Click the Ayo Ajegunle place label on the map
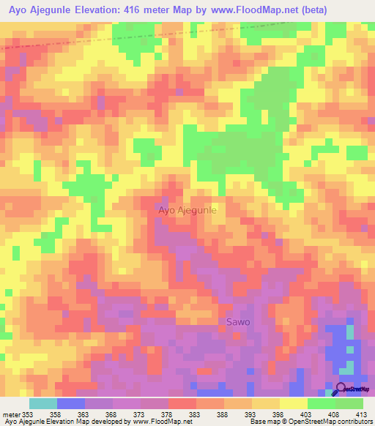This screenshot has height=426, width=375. (187, 210)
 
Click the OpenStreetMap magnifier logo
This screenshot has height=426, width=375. (341, 389)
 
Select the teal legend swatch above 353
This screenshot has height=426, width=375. (42, 403)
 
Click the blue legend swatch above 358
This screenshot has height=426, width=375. (70, 403)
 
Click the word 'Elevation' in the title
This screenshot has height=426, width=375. (92, 10)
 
